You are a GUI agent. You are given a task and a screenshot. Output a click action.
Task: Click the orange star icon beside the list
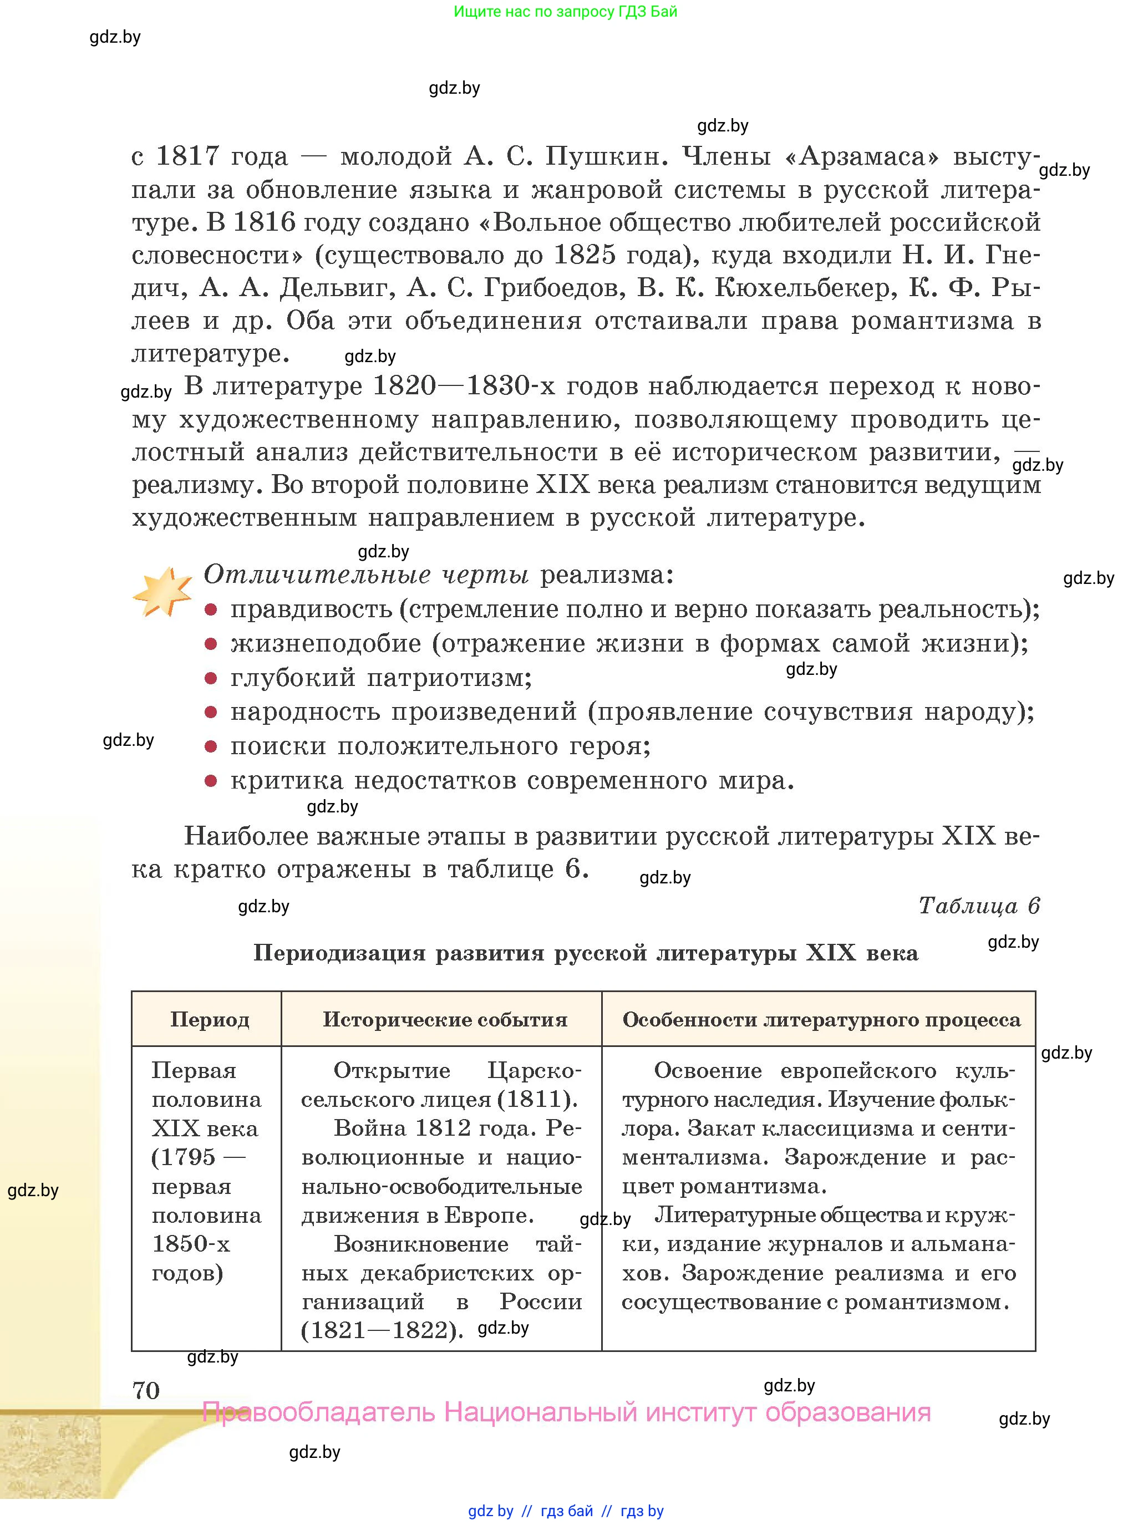(x=162, y=592)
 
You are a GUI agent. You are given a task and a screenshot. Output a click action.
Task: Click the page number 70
(x=146, y=1391)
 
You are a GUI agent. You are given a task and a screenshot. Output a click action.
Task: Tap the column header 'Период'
(x=209, y=1020)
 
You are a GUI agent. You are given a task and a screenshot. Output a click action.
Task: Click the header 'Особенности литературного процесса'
(x=821, y=1020)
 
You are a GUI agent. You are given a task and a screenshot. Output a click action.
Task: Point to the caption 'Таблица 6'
(x=979, y=906)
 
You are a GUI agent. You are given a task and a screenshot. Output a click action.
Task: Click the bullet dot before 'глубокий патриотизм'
(x=211, y=678)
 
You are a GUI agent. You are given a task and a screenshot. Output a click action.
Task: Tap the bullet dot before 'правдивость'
(x=211, y=609)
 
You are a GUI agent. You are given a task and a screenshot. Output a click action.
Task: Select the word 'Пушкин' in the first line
(x=606, y=156)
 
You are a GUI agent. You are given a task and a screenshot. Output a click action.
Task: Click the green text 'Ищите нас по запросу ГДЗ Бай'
(x=565, y=12)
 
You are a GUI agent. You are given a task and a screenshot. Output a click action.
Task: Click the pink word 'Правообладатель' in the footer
(x=318, y=1412)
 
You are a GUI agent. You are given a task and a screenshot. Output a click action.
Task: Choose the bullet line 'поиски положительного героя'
(x=440, y=746)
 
